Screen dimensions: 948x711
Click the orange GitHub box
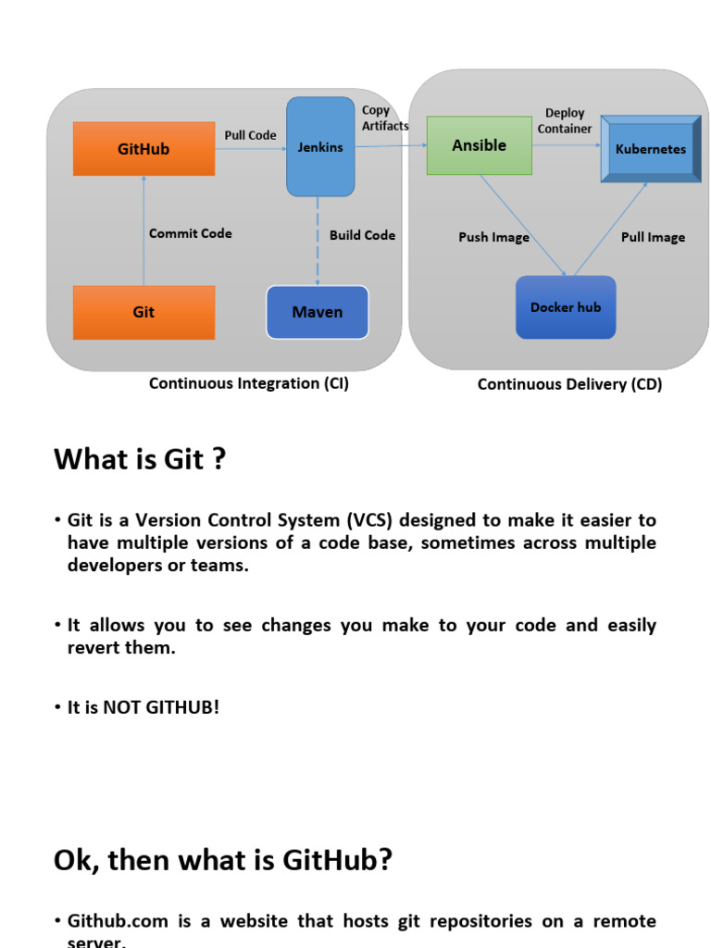click(x=143, y=149)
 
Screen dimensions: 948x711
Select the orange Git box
click(x=143, y=313)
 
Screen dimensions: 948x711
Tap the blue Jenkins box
click(x=320, y=147)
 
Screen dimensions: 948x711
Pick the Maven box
click(x=318, y=313)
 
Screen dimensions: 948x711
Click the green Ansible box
click(x=479, y=145)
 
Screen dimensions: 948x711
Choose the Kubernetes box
click(x=651, y=148)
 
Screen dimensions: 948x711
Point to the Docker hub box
click(x=566, y=307)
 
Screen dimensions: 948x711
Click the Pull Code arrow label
click(x=250, y=135)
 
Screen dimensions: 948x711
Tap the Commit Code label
click(x=191, y=233)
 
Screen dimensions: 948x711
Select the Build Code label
click(x=362, y=235)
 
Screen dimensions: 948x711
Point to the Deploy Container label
click(x=565, y=121)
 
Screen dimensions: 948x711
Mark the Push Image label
click(x=493, y=238)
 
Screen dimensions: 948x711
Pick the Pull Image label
click(x=653, y=238)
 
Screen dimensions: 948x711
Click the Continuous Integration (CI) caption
click(x=249, y=383)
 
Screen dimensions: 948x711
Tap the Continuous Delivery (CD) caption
click(x=569, y=384)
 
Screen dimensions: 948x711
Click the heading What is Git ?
click(x=140, y=459)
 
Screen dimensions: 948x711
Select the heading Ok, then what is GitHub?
click(x=223, y=860)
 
